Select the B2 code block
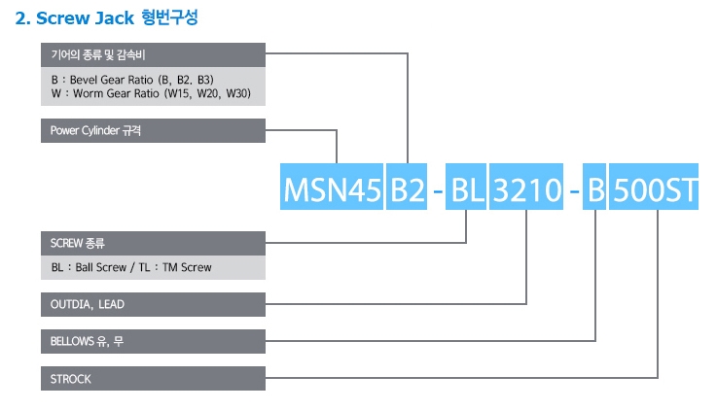pyautogui.click(x=407, y=190)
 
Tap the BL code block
pyautogui.click(x=468, y=190)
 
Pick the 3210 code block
pyautogui.click(x=527, y=190)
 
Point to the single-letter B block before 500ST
pyautogui.click(x=595, y=190)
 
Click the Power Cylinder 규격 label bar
pyautogui.click(x=153, y=130)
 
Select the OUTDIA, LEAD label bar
pyautogui.click(x=153, y=304)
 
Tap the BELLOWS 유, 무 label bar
pyautogui.click(x=153, y=341)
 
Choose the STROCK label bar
pyautogui.click(x=153, y=379)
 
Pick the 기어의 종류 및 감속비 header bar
pyautogui.click(x=153, y=54)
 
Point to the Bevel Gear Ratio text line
pyautogui.click(x=132, y=78)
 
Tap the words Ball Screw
pyautogui.click(x=103, y=267)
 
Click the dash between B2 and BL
pyautogui.click(x=438, y=192)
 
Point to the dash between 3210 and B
pyautogui.click(x=573, y=192)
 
